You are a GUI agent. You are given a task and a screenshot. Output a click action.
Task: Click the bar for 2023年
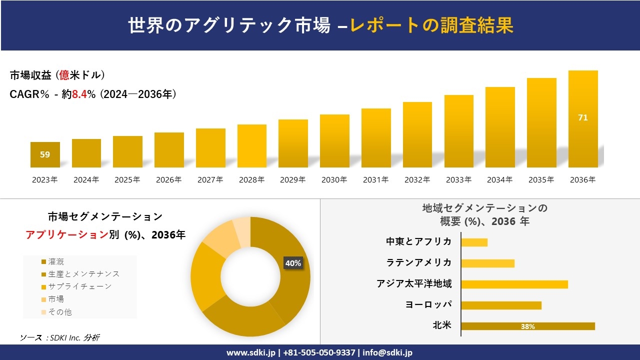45,154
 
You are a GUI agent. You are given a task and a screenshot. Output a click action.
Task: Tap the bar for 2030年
334,141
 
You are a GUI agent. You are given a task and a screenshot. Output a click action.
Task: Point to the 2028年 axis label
251,180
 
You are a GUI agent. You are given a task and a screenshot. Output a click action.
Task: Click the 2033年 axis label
458,180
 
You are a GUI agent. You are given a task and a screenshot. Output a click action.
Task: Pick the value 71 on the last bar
583,118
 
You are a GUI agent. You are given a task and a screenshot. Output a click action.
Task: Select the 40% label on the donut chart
293,263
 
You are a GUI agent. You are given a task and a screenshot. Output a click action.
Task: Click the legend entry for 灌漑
56,261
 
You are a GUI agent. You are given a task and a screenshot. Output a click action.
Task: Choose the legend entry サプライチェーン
79,286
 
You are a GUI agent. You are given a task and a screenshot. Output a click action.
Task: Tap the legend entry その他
59,311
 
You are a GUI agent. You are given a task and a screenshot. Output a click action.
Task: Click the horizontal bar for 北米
528,326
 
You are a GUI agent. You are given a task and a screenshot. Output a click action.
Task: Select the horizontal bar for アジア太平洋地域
514,284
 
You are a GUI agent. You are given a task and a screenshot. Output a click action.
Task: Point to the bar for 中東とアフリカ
474,242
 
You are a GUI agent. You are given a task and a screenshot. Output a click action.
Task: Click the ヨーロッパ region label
428,304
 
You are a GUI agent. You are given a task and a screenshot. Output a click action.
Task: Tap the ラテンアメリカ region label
419,262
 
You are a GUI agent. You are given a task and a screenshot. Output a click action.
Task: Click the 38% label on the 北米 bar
528,326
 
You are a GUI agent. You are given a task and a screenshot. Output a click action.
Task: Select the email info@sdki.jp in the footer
387,352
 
